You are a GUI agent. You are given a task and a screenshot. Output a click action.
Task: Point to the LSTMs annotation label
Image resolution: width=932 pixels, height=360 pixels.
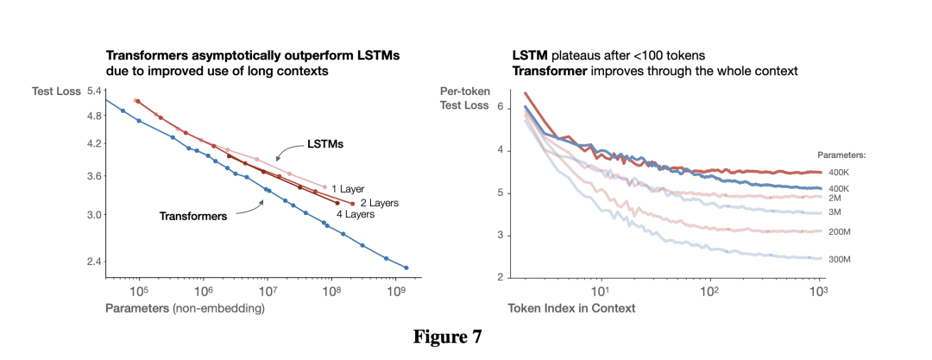coord(325,144)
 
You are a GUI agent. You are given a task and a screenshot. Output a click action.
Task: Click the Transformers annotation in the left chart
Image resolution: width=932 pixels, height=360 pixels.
coord(192,216)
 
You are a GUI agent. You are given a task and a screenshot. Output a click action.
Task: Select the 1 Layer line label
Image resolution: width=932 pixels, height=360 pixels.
coord(349,187)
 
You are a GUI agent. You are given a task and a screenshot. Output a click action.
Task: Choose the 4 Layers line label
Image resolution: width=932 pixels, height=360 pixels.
coord(355,213)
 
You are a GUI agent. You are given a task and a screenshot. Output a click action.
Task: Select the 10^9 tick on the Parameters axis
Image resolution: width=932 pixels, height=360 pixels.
coord(395,291)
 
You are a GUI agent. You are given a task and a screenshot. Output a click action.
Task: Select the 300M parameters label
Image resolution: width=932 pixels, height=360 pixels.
coord(840,259)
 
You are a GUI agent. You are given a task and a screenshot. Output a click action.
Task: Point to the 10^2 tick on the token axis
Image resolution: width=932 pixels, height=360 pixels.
coord(709,291)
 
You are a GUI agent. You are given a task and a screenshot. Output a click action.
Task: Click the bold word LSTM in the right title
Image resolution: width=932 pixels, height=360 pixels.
coord(528,55)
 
